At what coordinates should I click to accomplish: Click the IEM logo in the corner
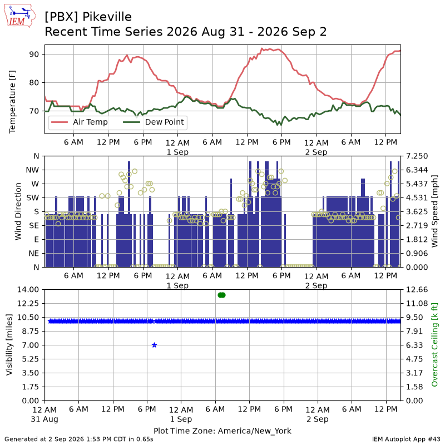(19, 16)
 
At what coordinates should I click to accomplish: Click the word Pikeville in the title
(107, 17)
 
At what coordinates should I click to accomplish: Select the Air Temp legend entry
(80, 122)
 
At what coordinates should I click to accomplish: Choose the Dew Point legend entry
(154, 122)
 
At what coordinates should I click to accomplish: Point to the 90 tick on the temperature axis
(34, 54)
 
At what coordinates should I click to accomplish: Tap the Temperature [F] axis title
(12, 102)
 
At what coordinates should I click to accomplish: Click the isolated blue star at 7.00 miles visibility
(155, 345)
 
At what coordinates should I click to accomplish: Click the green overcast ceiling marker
(221, 295)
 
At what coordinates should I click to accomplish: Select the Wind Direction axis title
(18, 211)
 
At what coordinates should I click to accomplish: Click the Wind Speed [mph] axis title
(434, 211)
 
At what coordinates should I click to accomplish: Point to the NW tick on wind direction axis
(32, 170)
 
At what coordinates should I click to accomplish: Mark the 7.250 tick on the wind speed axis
(417, 156)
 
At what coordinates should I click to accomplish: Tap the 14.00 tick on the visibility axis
(28, 290)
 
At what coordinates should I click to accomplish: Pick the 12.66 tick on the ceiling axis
(417, 290)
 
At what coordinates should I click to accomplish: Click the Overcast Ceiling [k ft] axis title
(434, 345)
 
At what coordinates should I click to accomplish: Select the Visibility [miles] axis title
(9, 345)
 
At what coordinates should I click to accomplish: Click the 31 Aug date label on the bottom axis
(44, 419)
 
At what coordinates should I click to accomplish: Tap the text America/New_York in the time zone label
(255, 431)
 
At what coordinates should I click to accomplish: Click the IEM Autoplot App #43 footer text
(406, 439)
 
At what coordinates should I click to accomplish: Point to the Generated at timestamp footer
(79, 439)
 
